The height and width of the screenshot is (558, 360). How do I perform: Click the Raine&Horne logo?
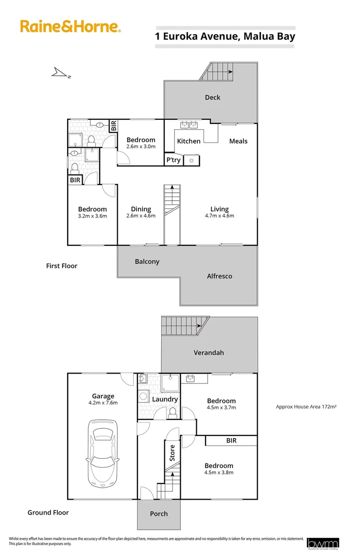point(70,26)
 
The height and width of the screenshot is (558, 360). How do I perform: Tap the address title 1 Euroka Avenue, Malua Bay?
point(225,37)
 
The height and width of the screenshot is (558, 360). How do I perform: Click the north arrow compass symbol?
point(61,74)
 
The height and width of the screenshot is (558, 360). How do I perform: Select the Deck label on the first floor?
point(212,97)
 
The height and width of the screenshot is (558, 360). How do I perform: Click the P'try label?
point(173,160)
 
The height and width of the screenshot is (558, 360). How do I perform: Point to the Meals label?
point(238,141)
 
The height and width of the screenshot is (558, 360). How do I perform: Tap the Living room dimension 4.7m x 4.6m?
point(220,216)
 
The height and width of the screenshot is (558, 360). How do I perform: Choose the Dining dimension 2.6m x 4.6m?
point(141,216)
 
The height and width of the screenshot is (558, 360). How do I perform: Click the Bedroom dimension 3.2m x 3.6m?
point(92,216)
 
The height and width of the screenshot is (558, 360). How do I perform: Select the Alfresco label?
point(220,276)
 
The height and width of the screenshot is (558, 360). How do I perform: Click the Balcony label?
point(147,261)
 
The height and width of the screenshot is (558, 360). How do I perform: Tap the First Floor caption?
point(61,266)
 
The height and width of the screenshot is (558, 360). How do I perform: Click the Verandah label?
point(209,352)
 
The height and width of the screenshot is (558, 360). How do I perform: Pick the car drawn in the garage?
point(103,453)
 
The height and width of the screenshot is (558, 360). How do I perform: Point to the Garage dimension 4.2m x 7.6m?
point(103,403)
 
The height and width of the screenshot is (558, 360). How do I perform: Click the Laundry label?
point(165,399)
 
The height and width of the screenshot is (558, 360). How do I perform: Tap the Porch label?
point(159,514)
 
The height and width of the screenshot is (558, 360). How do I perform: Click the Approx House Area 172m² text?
point(306,407)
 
